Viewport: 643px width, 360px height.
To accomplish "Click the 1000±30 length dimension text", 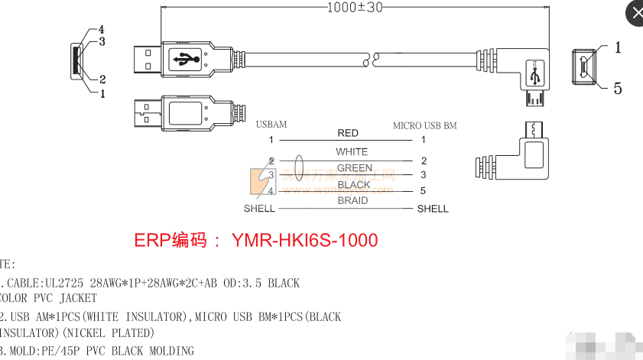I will click(x=354, y=8).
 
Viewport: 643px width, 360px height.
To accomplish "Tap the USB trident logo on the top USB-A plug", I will click(x=186, y=57).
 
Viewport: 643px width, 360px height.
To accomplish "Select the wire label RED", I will click(x=348, y=133).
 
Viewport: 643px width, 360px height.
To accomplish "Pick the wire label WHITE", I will click(x=352, y=151).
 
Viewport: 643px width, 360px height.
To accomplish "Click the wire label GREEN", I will click(x=354, y=168).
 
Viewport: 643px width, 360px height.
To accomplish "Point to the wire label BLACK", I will click(x=353, y=185).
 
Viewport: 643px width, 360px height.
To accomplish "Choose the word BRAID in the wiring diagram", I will click(x=352, y=201).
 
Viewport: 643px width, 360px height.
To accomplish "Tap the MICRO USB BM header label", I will click(x=424, y=125).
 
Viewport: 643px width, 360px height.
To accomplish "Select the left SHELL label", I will click(x=259, y=209).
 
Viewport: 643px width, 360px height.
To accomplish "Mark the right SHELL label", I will click(x=433, y=209).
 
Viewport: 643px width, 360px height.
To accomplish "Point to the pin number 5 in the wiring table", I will click(x=423, y=191).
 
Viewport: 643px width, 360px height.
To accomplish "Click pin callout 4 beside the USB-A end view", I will click(x=101, y=29).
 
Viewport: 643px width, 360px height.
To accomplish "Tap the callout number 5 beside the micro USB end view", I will click(x=618, y=89).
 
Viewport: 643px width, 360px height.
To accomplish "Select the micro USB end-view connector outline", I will click(x=585, y=66).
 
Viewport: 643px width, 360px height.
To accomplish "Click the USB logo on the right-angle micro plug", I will click(x=535, y=74).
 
